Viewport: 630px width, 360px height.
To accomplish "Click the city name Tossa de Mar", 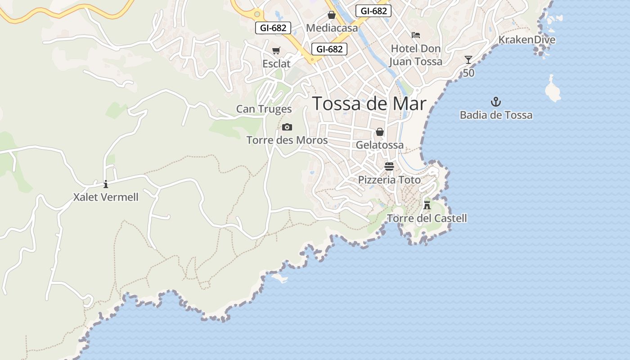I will [369, 103].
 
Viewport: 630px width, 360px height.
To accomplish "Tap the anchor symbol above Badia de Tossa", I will [495, 102].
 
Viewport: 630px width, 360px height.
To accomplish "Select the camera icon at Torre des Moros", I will [287, 127].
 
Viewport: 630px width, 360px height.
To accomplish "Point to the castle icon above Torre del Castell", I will [427, 205].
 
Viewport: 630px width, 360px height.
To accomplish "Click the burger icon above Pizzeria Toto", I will [389, 166].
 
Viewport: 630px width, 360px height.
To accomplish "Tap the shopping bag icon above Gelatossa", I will [380, 132].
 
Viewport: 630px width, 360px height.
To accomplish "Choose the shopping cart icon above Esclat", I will [276, 51].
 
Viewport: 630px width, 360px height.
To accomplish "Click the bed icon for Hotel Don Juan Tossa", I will [416, 35].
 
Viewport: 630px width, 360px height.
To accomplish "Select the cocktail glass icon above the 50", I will [468, 60].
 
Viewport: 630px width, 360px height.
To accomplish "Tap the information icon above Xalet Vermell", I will [106, 184].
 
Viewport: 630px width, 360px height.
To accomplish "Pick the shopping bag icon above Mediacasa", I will [332, 15].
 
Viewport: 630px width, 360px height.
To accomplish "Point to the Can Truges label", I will [264, 109].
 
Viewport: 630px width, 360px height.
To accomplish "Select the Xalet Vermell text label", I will [106, 197].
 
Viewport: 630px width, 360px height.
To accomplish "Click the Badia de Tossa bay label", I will [496, 115].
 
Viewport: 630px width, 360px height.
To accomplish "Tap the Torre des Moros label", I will [287, 140].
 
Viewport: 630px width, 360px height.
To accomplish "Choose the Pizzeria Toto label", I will [389, 180].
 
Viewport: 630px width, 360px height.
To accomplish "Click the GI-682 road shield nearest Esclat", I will [330, 49].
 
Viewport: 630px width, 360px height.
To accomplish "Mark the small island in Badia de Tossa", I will [553, 89].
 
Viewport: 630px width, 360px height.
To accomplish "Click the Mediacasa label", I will [332, 28].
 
